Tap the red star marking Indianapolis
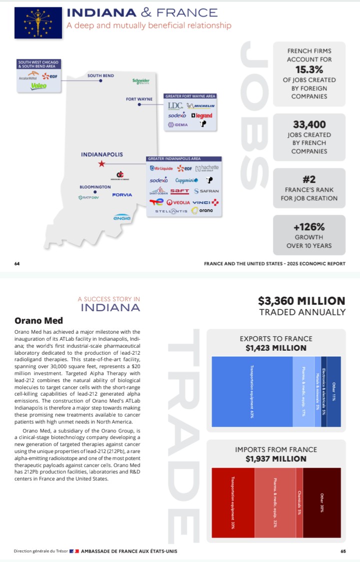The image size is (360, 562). (x=101, y=164)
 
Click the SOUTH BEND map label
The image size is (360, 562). (x=100, y=76)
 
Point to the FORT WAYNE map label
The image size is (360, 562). (x=139, y=99)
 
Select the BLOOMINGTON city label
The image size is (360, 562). (x=95, y=187)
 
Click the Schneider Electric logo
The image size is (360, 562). (x=141, y=81)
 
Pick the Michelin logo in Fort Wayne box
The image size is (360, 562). (x=200, y=106)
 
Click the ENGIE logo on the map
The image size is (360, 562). (x=122, y=217)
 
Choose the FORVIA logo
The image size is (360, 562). (x=122, y=194)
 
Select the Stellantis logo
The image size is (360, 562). (x=171, y=211)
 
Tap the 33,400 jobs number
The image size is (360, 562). (x=309, y=125)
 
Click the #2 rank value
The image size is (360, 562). (x=309, y=179)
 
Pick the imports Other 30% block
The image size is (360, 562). (x=322, y=503)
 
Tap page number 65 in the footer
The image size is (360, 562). (x=343, y=552)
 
